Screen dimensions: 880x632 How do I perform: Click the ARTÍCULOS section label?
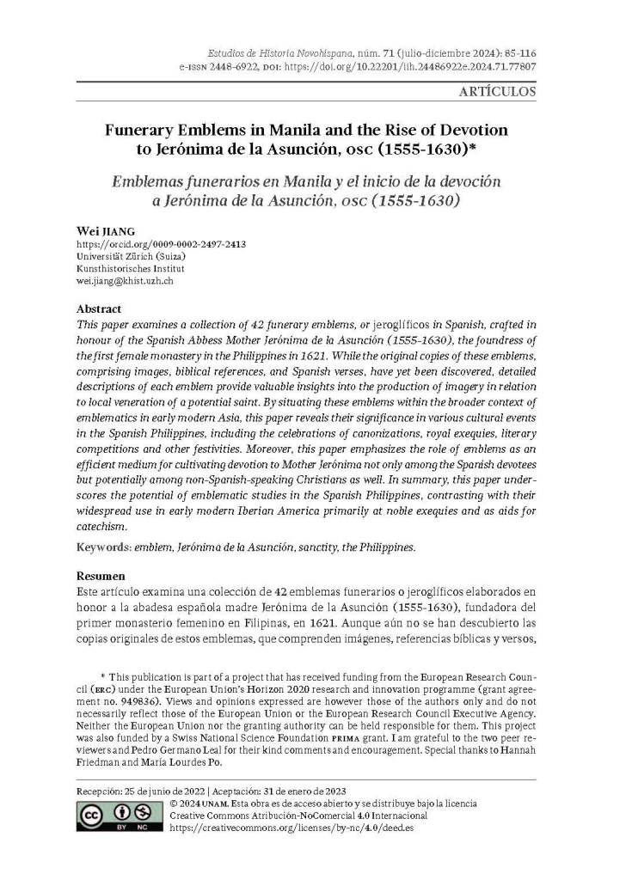[x=498, y=91]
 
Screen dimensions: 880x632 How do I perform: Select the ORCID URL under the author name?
[x=161, y=244]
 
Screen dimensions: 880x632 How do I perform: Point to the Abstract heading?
[x=99, y=309]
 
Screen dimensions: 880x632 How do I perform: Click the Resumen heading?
[x=101, y=575]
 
